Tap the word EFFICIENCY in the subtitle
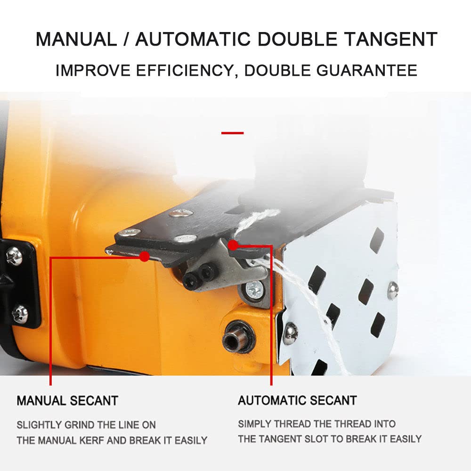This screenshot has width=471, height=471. [x=185, y=71]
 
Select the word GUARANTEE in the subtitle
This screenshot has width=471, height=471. [x=367, y=71]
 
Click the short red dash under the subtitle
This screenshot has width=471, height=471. [x=233, y=133]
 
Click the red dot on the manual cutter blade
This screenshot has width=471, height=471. [x=145, y=256]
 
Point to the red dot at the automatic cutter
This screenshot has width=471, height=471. [x=233, y=245]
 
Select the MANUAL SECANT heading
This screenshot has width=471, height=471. [x=67, y=401]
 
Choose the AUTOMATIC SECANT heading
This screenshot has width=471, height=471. [x=297, y=400]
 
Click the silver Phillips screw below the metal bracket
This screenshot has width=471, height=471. [x=254, y=290]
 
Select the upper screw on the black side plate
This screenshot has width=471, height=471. [x=14, y=256]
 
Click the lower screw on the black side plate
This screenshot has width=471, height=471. [x=20, y=314]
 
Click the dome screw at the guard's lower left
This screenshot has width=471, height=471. [x=291, y=332]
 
